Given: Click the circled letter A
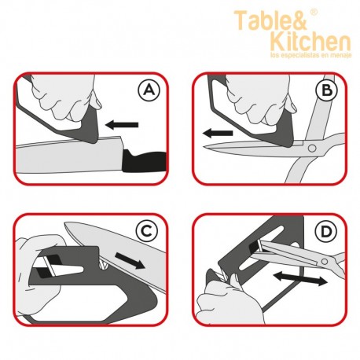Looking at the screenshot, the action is [149, 90].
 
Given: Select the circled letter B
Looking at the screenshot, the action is [326, 90].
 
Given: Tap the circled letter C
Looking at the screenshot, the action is [147, 231].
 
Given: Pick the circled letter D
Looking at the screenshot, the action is [325, 231].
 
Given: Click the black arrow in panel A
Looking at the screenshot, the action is [122, 124].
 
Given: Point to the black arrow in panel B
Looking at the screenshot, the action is [218, 134].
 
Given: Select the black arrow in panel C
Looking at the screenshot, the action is [130, 260].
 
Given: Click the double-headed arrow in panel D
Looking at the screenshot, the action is [300, 278].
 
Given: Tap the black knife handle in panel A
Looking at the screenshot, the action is [145, 161].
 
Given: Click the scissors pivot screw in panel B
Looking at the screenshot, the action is [312, 149].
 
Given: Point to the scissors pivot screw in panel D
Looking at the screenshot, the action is [325, 261].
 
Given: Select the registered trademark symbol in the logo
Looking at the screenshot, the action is [314, 12].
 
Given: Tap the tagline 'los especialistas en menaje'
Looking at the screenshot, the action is [311, 55].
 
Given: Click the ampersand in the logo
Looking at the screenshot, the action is [299, 20].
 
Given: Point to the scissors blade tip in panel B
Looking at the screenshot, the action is [204, 146].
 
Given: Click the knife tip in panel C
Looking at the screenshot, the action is [65, 223].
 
